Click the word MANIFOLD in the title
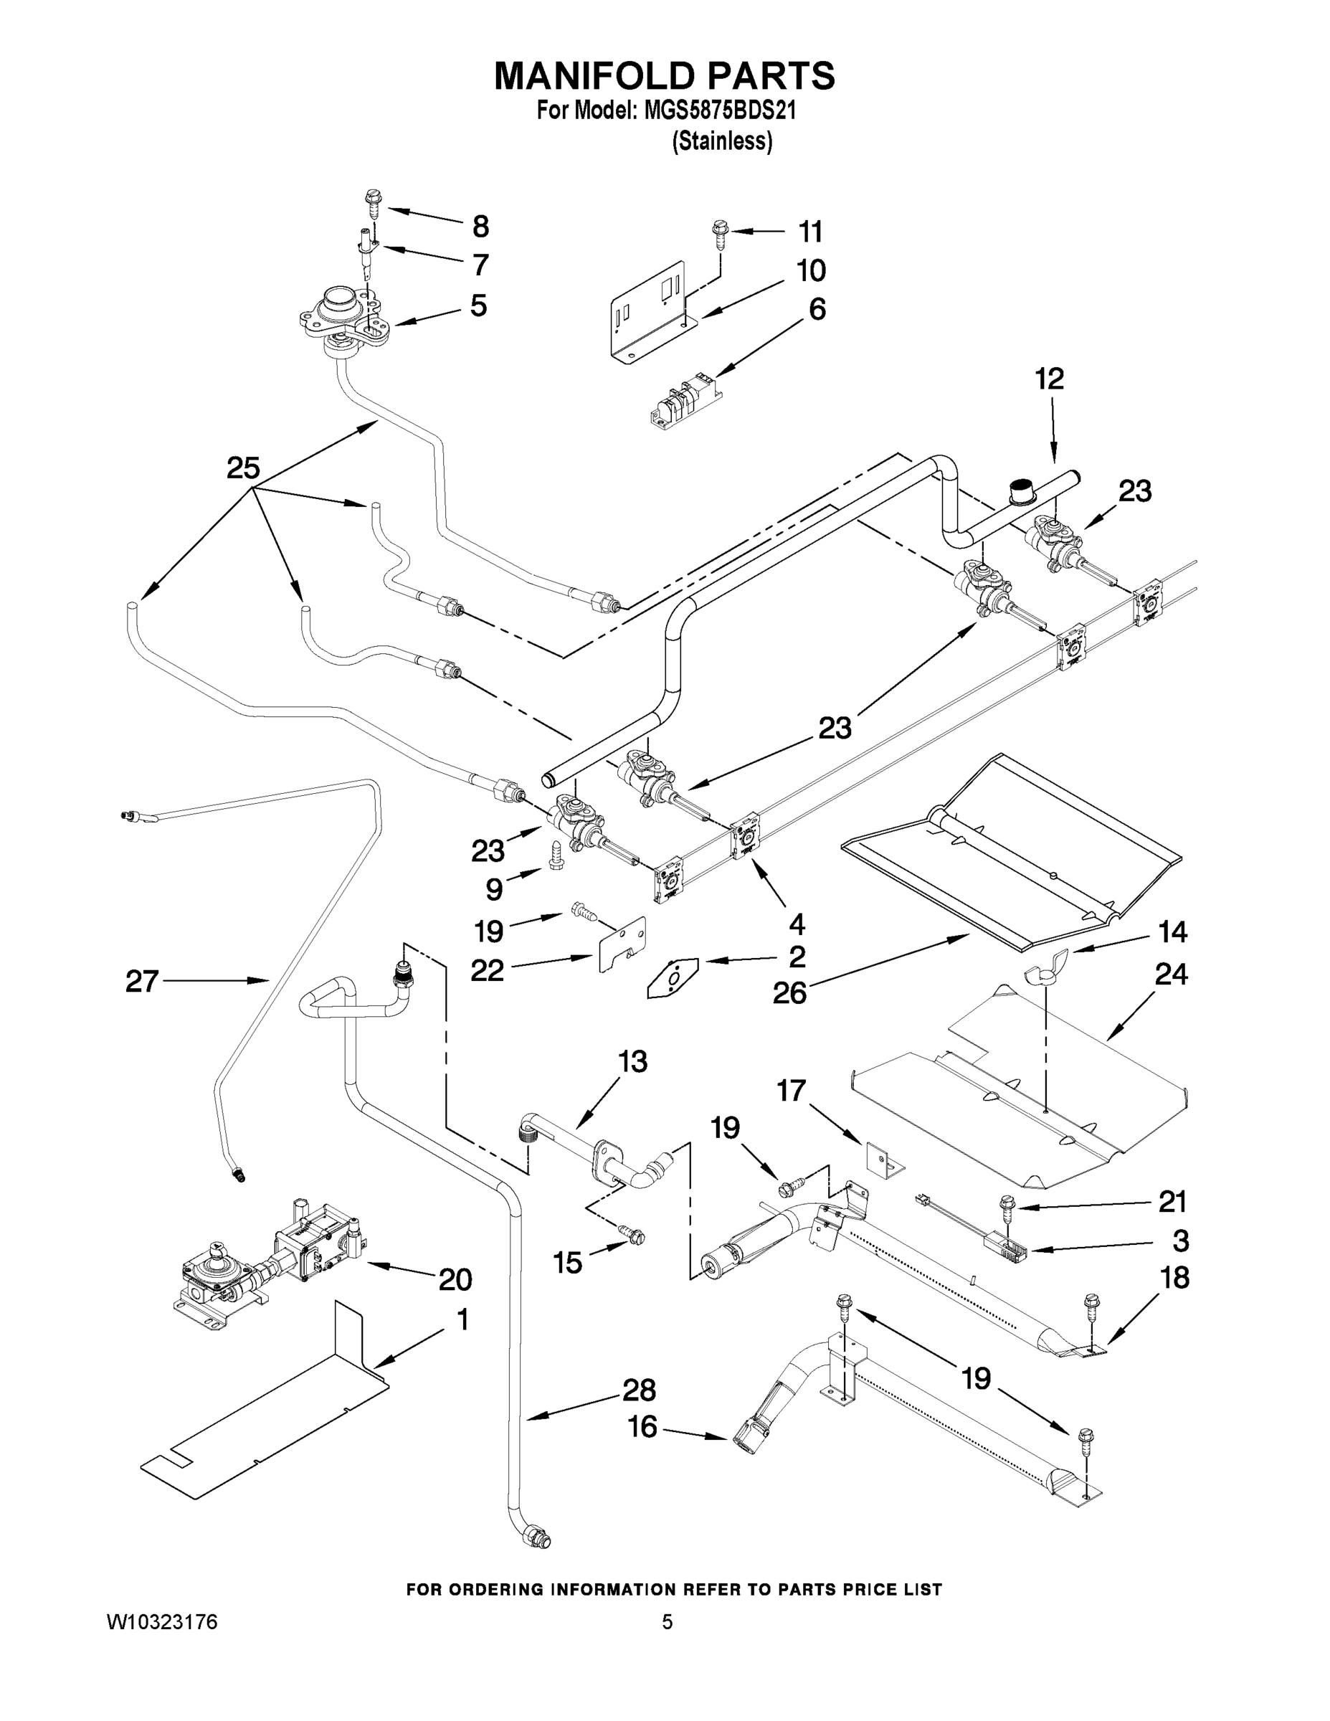(x=595, y=77)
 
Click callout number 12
(x=1049, y=379)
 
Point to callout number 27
(x=142, y=981)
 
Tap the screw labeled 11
(x=720, y=231)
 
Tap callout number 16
(x=642, y=1427)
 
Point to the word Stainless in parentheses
(x=722, y=142)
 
